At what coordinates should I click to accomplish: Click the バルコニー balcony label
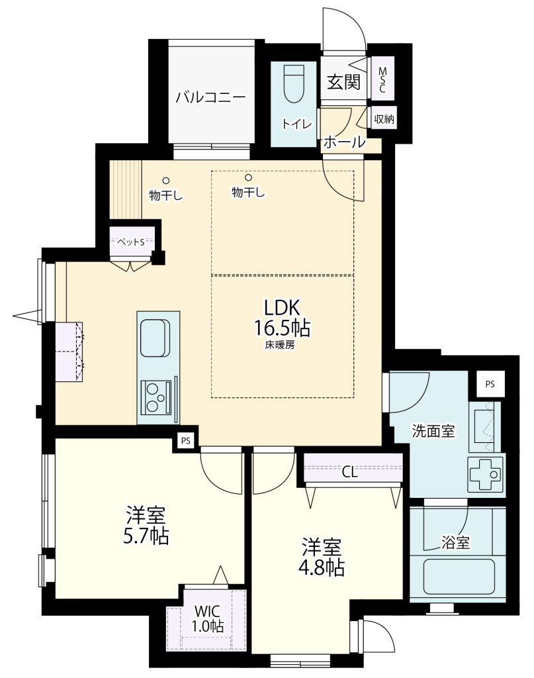pyautogui.click(x=210, y=97)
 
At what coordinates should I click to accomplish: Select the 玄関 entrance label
pyautogui.click(x=343, y=81)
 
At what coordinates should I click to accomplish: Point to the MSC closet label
pyautogui.click(x=382, y=79)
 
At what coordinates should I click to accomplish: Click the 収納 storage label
pyautogui.click(x=384, y=118)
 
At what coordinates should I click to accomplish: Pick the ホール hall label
pyautogui.click(x=344, y=142)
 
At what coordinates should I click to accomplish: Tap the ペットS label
pyautogui.click(x=131, y=242)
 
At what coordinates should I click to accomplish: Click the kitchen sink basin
pyautogui.click(x=154, y=338)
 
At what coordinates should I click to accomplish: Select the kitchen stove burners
pyautogui.click(x=154, y=398)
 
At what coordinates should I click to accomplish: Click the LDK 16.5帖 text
pyautogui.click(x=282, y=317)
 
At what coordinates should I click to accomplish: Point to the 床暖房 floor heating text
pyautogui.click(x=281, y=345)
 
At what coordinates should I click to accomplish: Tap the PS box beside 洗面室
pyautogui.click(x=490, y=384)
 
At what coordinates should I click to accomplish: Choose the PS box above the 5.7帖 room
pyautogui.click(x=186, y=441)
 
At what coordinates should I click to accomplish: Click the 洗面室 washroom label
pyautogui.click(x=433, y=430)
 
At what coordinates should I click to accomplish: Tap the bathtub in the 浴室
pyautogui.click(x=459, y=577)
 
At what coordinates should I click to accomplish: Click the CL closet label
pyautogui.click(x=350, y=473)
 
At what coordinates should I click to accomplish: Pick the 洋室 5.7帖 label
pyautogui.click(x=146, y=525)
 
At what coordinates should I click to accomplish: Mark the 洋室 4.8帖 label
pyautogui.click(x=322, y=557)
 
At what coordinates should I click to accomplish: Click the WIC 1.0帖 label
pyautogui.click(x=208, y=618)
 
